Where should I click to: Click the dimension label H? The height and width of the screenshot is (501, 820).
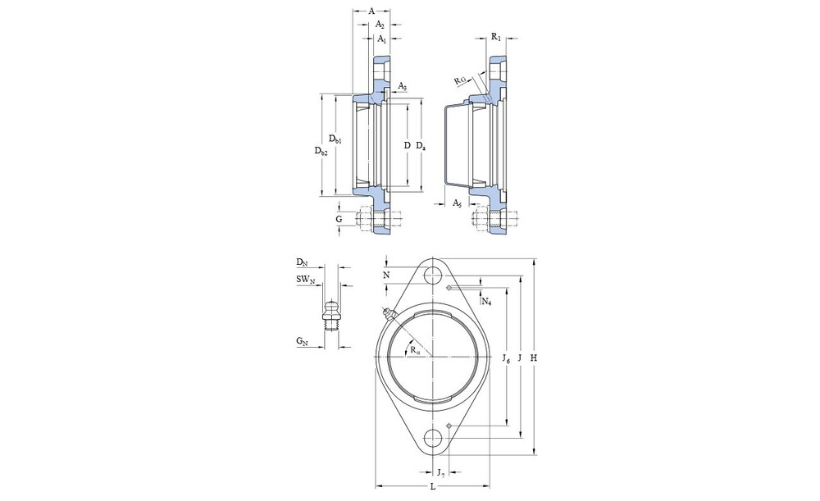tap(534, 358)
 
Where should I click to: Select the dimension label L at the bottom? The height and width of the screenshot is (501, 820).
tap(432, 486)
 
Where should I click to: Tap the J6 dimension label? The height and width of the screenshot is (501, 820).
tap(506, 358)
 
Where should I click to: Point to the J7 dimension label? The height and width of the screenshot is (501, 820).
tap(441, 473)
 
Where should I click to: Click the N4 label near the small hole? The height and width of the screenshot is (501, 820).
tap(486, 301)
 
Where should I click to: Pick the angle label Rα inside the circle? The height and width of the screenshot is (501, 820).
tap(415, 350)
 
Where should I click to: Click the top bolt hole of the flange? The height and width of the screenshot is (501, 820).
tap(433, 275)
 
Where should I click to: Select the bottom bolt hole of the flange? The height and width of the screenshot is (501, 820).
tap(433, 438)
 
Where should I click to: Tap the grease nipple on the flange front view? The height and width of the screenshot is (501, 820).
tap(389, 314)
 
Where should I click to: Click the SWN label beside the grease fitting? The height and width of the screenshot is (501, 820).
tap(306, 280)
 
